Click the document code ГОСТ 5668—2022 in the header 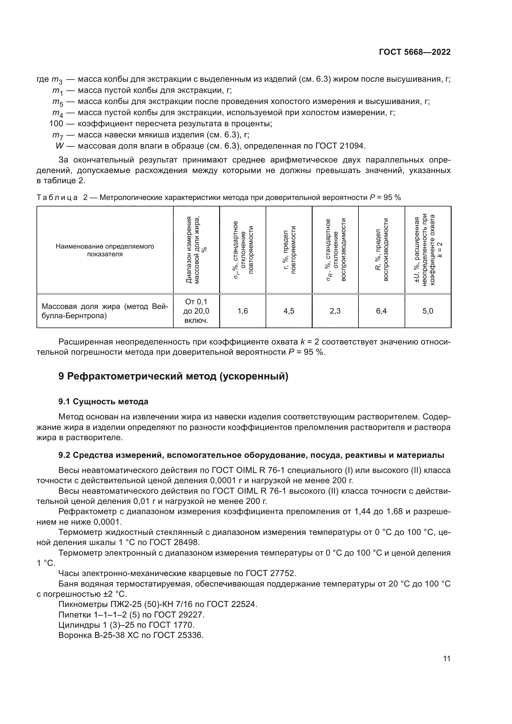[x=414, y=52]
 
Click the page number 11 [x=446, y=658]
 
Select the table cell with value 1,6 [x=242, y=311]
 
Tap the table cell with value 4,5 [x=289, y=311]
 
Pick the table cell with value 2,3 [x=335, y=311]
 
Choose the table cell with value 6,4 [x=381, y=311]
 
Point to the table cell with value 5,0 [x=428, y=311]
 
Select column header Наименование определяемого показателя [x=105, y=250]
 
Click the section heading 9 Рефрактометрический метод [x=173, y=376]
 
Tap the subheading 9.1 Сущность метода [x=103, y=401]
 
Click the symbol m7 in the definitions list [x=57, y=135]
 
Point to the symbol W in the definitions [x=59, y=146]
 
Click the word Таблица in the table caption [x=57, y=198]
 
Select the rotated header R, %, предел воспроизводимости [x=381, y=250]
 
